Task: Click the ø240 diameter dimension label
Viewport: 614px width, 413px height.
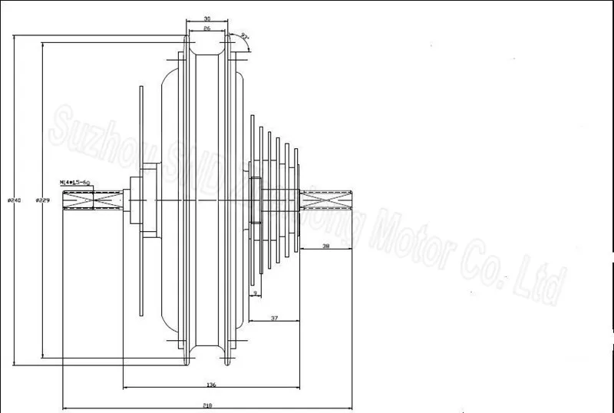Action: pos(13,200)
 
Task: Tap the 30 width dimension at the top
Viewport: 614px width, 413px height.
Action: pos(208,18)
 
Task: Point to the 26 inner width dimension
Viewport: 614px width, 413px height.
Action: pos(208,29)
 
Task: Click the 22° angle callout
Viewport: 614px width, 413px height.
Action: pos(244,36)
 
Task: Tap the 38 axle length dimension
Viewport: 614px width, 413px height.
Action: pos(325,246)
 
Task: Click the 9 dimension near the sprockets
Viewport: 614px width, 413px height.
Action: pos(256,292)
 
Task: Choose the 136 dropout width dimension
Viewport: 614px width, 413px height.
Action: pos(212,384)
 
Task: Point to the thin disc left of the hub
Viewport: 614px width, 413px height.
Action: pos(140,200)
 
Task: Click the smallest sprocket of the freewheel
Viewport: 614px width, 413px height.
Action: pos(295,200)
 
